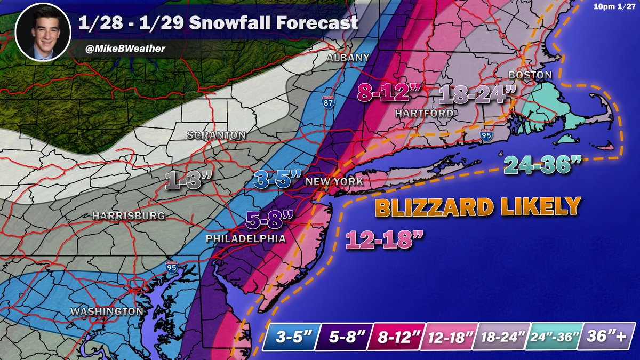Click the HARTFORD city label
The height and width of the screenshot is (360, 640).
[424, 114]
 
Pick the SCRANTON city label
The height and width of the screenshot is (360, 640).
[216, 135]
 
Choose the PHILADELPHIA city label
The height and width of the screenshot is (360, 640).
[246, 239]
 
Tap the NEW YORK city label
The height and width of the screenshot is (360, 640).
[334, 182]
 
